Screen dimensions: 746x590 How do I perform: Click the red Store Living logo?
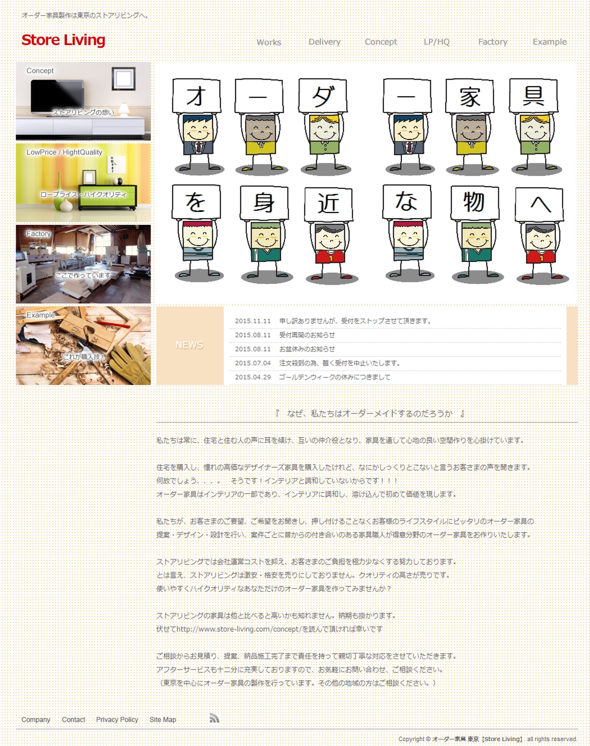pyautogui.click(x=63, y=40)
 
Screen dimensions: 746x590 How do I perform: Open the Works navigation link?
pyautogui.click(x=269, y=42)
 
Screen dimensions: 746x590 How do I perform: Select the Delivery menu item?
pyautogui.click(x=324, y=42)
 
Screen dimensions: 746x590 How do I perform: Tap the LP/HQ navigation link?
pyautogui.click(x=436, y=42)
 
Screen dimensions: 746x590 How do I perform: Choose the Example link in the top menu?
pyautogui.click(x=549, y=42)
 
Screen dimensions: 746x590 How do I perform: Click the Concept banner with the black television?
pyautogui.click(x=83, y=101)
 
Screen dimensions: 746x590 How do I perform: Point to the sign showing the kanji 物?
pyautogui.click(x=474, y=202)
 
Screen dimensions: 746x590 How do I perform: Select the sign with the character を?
pyautogui.click(x=196, y=202)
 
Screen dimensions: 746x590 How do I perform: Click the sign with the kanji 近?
pyautogui.click(x=328, y=204)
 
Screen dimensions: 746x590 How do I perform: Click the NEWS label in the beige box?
pyautogui.click(x=189, y=345)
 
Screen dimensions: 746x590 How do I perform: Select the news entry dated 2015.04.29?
pyautogui.click(x=334, y=377)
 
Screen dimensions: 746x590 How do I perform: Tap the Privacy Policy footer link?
pyautogui.click(x=117, y=720)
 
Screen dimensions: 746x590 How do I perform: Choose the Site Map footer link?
pyautogui.click(x=163, y=720)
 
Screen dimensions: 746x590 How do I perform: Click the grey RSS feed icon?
pyautogui.click(x=214, y=718)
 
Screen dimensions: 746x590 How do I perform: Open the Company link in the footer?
pyautogui.click(x=36, y=720)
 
